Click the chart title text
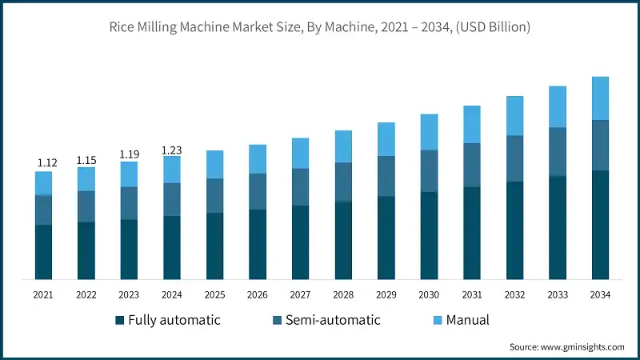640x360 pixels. [320, 27]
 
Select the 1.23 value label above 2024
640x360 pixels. [172, 149]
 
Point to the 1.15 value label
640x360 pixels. [86, 160]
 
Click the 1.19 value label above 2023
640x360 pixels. [129, 154]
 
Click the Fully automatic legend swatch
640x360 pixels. [120, 321]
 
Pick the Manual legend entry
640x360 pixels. [468, 321]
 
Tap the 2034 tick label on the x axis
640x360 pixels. [600, 294]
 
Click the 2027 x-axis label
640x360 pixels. [300, 294]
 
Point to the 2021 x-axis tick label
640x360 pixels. [43, 294]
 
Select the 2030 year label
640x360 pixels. [429, 294]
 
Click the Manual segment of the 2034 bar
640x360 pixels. [600, 98]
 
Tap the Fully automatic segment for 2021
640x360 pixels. [43, 252]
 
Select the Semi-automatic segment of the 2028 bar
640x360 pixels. [343, 182]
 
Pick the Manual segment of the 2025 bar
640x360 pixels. [214, 164]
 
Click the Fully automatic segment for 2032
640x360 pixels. [514, 230]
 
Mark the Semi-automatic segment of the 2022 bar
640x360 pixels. [86, 206]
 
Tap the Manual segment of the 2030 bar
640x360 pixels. [429, 132]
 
